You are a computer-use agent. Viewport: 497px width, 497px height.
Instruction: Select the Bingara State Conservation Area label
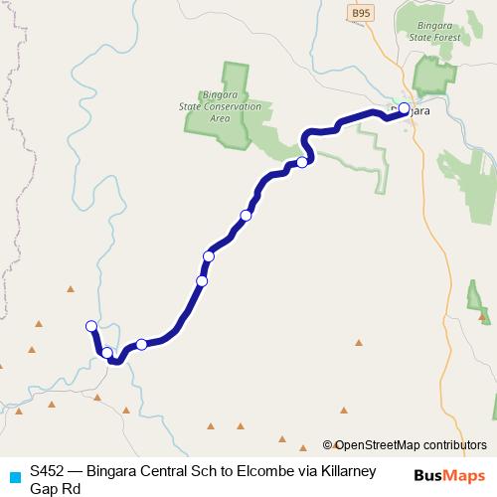pos(230,105)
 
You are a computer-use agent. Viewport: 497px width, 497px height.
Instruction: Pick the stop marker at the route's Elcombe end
pos(91,326)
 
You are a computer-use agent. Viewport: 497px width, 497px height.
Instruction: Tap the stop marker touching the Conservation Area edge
pos(301,162)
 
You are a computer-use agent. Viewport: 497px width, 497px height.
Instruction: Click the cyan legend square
pos(14,476)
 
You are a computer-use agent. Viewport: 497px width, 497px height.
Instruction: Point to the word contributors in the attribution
pos(454,446)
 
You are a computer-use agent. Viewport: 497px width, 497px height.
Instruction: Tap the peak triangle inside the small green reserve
pos(484,317)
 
